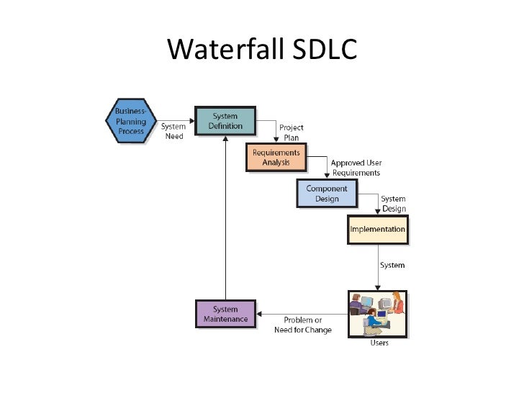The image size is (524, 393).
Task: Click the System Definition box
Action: point(225,121)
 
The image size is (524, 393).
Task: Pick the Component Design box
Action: point(327,193)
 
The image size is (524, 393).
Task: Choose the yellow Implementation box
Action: point(377,230)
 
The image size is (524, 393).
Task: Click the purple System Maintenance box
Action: point(225,314)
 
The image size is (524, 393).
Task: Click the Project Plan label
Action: point(291,132)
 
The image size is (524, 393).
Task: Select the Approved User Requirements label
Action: point(356,168)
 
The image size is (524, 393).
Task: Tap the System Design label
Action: point(393,204)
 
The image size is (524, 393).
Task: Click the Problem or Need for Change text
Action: point(302,325)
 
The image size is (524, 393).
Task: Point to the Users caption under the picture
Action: point(379,343)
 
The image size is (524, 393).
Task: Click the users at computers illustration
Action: point(378,313)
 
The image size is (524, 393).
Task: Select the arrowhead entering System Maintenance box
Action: point(261,315)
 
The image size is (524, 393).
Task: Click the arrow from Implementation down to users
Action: point(378,266)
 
